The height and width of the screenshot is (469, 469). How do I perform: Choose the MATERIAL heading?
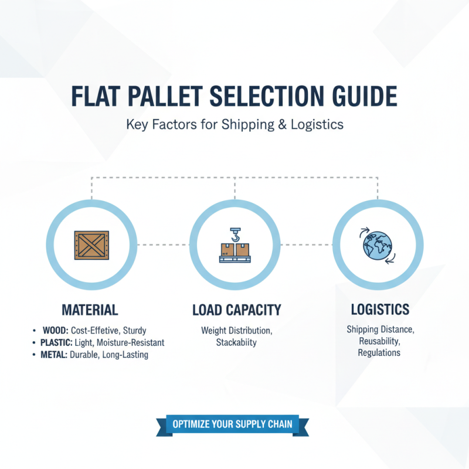(x=90, y=310)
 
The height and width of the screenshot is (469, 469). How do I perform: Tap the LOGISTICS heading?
(x=380, y=309)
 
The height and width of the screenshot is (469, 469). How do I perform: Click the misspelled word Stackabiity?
(x=236, y=343)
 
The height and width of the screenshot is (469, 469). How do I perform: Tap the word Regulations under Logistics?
(x=379, y=353)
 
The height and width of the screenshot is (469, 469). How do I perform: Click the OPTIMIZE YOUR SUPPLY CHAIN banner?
(x=232, y=424)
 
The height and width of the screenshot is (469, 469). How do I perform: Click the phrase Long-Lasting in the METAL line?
(x=127, y=355)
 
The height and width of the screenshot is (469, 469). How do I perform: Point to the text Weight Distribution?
(x=235, y=331)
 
